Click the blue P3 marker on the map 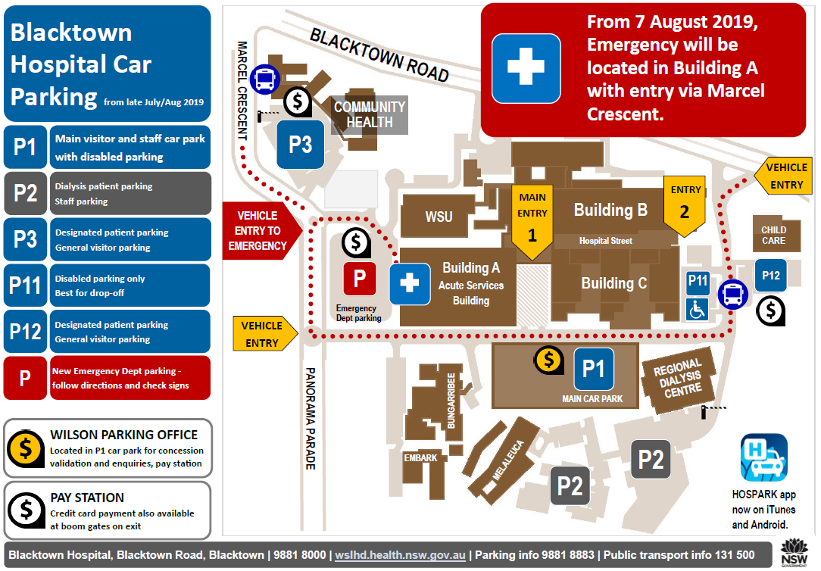pos(301,145)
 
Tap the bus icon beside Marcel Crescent pos(264,80)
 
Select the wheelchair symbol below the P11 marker pos(698,309)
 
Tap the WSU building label pos(439,217)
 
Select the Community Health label pos(370,114)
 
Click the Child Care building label pos(773,236)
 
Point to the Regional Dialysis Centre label pos(680,379)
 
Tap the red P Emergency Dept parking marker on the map pos(360,279)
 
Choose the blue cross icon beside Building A pos(410,284)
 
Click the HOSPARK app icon pos(764,458)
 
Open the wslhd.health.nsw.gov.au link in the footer pos(400,555)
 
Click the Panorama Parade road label pos(311,419)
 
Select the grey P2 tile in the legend pos(25,193)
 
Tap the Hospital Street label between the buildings pos(605,241)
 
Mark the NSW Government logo pos(794,553)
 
